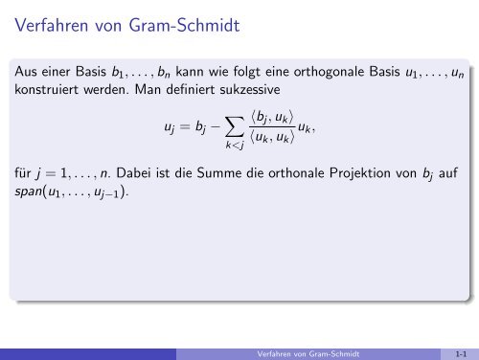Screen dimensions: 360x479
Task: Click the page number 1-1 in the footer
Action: click(x=463, y=353)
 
